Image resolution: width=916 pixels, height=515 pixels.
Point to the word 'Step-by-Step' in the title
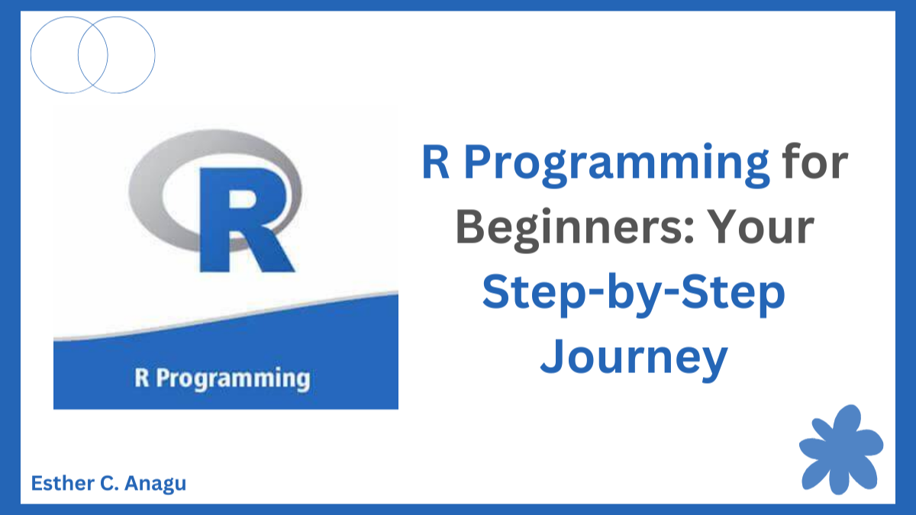point(634,294)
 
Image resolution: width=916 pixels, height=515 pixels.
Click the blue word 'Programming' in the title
point(617,164)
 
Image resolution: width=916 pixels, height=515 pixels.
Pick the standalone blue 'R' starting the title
point(436,162)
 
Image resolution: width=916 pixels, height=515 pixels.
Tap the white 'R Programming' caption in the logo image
point(222,378)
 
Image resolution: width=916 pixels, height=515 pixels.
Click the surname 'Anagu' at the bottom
point(155,484)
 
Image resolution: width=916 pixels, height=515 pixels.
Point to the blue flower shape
point(840,450)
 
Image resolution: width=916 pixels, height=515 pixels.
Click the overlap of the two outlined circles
point(93,55)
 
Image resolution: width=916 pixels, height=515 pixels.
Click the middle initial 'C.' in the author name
point(110,483)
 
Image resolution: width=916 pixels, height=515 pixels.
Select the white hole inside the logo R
point(244,198)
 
